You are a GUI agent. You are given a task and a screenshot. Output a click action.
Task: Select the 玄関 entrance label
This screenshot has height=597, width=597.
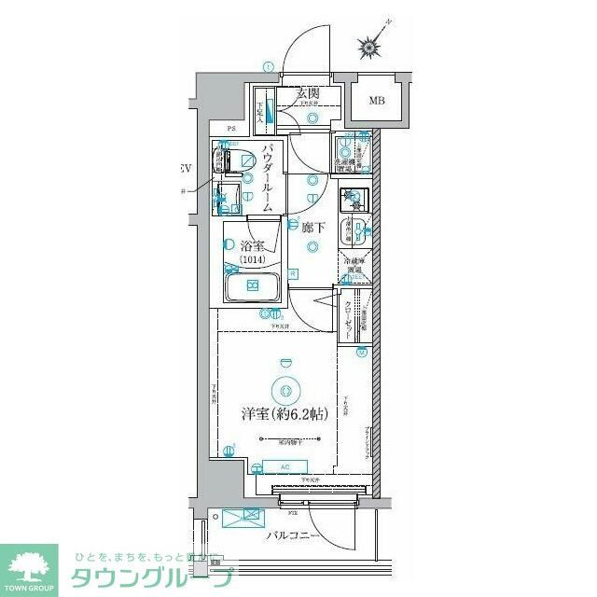(308, 93)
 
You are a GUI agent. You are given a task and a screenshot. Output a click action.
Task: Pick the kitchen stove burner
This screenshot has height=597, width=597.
(353, 196)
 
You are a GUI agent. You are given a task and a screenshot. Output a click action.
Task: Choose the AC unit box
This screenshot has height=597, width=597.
(285, 465)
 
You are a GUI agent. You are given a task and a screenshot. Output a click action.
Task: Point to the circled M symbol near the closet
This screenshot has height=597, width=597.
(361, 352)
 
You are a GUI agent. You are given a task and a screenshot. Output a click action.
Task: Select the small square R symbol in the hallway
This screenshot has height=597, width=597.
(293, 273)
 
